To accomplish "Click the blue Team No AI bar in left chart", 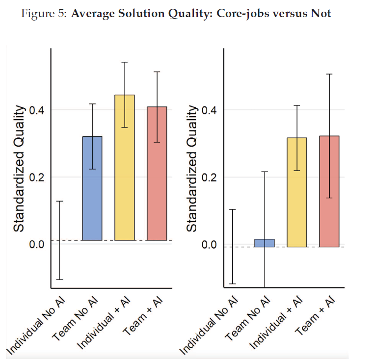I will [92, 188].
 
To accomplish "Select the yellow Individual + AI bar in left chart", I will [124, 167].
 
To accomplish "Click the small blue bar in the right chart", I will [265, 243].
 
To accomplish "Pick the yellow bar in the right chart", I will [297, 192].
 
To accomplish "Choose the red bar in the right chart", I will [329, 191].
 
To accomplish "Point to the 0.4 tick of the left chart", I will [37, 110].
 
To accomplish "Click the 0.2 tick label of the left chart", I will [37, 177].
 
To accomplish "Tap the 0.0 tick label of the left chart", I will [37, 244].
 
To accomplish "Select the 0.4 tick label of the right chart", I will [209, 110].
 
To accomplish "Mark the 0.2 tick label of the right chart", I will [209, 177].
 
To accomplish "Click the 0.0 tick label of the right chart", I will [209, 244].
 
